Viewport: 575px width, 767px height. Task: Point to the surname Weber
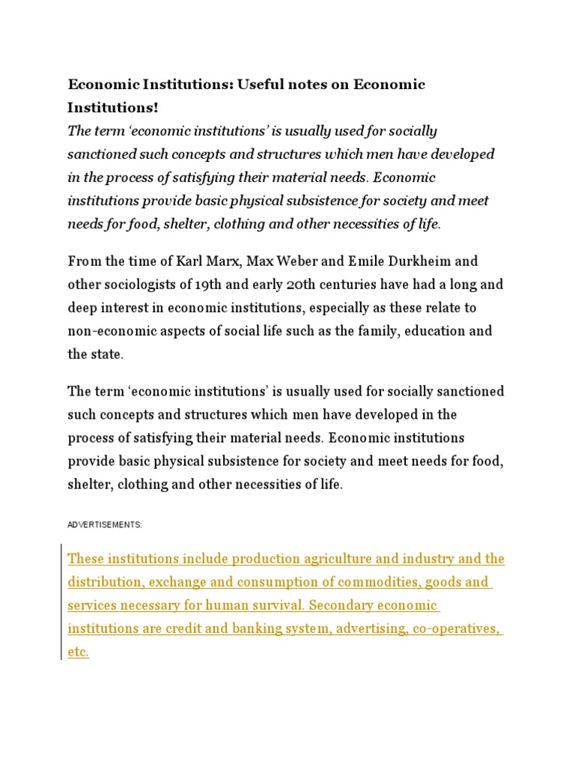click(293, 261)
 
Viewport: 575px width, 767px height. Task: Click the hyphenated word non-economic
click(110, 331)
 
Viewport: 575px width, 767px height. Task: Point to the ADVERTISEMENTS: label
click(105, 525)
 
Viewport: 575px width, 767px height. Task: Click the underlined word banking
click(253, 628)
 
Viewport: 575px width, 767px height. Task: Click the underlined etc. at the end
click(78, 652)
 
